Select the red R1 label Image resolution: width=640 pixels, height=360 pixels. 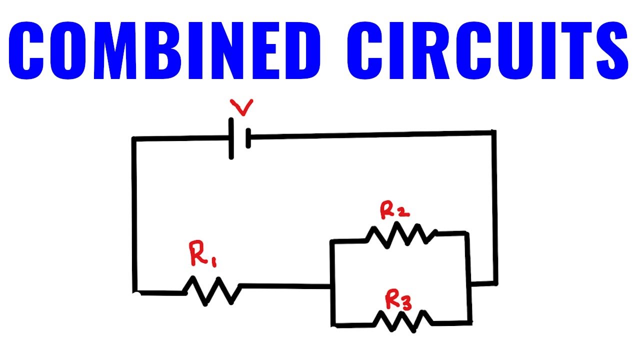[x=202, y=255]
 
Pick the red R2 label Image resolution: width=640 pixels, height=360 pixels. [x=395, y=210]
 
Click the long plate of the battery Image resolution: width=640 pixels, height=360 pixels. [x=231, y=138]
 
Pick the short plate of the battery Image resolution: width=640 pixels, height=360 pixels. [x=248, y=138]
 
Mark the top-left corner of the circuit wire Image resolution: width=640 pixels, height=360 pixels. [x=134, y=139]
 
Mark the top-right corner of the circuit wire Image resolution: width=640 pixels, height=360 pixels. [x=494, y=132]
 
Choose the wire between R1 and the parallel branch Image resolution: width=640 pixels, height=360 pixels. [x=285, y=286]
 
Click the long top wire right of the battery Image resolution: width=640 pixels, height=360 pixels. [x=370, y=134]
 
